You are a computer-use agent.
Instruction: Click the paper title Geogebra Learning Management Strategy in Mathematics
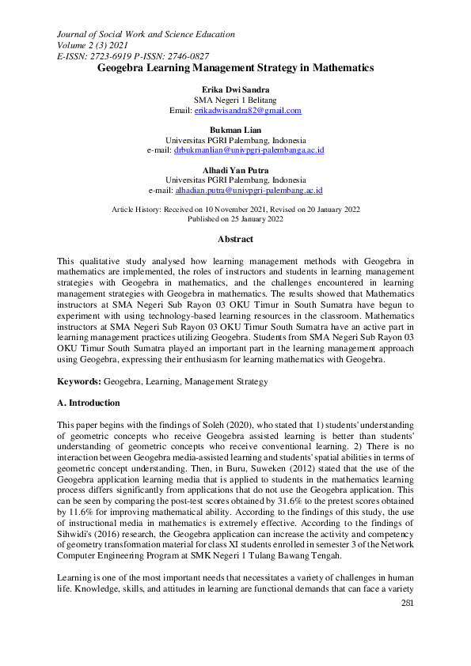tap(235, 69)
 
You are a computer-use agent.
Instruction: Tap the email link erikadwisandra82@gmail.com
tap(248, 111)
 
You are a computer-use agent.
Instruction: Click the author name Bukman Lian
tap(235, 130)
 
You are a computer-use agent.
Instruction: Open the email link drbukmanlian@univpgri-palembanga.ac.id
tap(249, 149)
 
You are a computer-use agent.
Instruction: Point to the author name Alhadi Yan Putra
tap(235, 170)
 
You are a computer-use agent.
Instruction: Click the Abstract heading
tap(235, 239)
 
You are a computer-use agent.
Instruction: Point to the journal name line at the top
tap(146, 35)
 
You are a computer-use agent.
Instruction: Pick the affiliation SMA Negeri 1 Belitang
tap(235, 101)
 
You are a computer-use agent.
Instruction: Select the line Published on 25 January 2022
tap(235, 218)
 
